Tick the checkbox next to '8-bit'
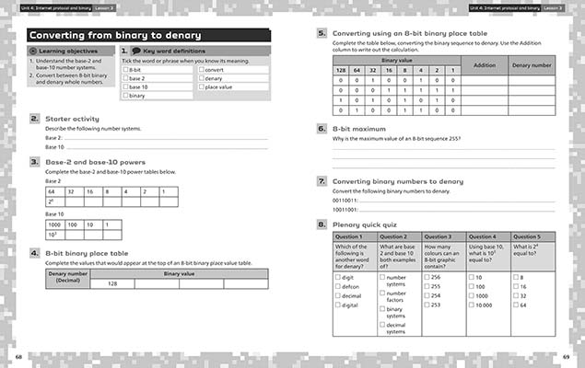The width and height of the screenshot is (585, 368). coord(125,70)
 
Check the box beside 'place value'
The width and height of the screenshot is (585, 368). coord(201,87)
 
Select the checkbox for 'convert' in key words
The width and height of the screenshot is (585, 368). coord(201,70)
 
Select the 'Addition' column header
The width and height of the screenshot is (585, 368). coord(484,65)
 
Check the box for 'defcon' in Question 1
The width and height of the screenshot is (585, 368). coord(338,286)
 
